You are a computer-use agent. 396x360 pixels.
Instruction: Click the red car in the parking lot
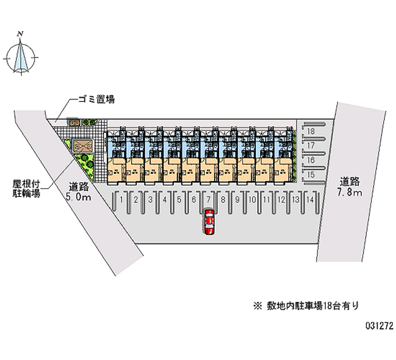pos(209,221)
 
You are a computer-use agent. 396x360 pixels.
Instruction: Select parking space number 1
pos(121,200)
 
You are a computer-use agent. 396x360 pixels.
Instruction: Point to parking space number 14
pos(309,200)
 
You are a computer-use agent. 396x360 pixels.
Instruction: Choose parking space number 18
pos(311,131)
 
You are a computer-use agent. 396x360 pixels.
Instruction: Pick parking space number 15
pos(311,175)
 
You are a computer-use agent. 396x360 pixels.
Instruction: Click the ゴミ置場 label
pos(96,100)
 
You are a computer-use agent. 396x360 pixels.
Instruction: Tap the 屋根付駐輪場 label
pos(27,188)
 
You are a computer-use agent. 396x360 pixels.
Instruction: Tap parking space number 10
pos(252,200)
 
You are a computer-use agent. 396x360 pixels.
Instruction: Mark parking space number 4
pos(164,200)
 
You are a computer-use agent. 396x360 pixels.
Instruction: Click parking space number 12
pos(281,200)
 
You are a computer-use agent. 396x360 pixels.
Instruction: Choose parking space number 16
pos(311,160)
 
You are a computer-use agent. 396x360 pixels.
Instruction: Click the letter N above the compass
pos(20,34)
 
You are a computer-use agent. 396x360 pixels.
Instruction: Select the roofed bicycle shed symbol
pos(81,146)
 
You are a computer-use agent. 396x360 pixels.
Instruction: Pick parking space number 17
pos(311,146)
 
